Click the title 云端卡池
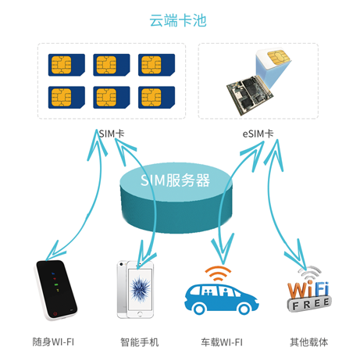[x=178, y=20]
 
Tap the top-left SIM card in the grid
[x=66, y=65]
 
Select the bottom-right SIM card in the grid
[x=156, y=97]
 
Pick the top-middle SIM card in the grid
[x=112, y=65]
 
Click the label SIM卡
[x=112, y=134]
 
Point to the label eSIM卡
[x=258, y=134]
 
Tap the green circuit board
[x=249, y=95]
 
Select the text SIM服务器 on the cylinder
[x=175, y=180]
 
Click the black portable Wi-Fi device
[x=55, y=290]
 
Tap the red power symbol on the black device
[x=55, y=313]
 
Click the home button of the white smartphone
[x=140, y=314]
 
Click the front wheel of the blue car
[x=199, y=309]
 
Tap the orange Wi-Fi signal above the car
[x=218, y=273]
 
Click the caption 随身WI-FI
[x=53, y=342]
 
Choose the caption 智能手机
[x=140, y=342]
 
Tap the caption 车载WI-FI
[x=222, y=342]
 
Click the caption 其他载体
[x=309, y=342]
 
